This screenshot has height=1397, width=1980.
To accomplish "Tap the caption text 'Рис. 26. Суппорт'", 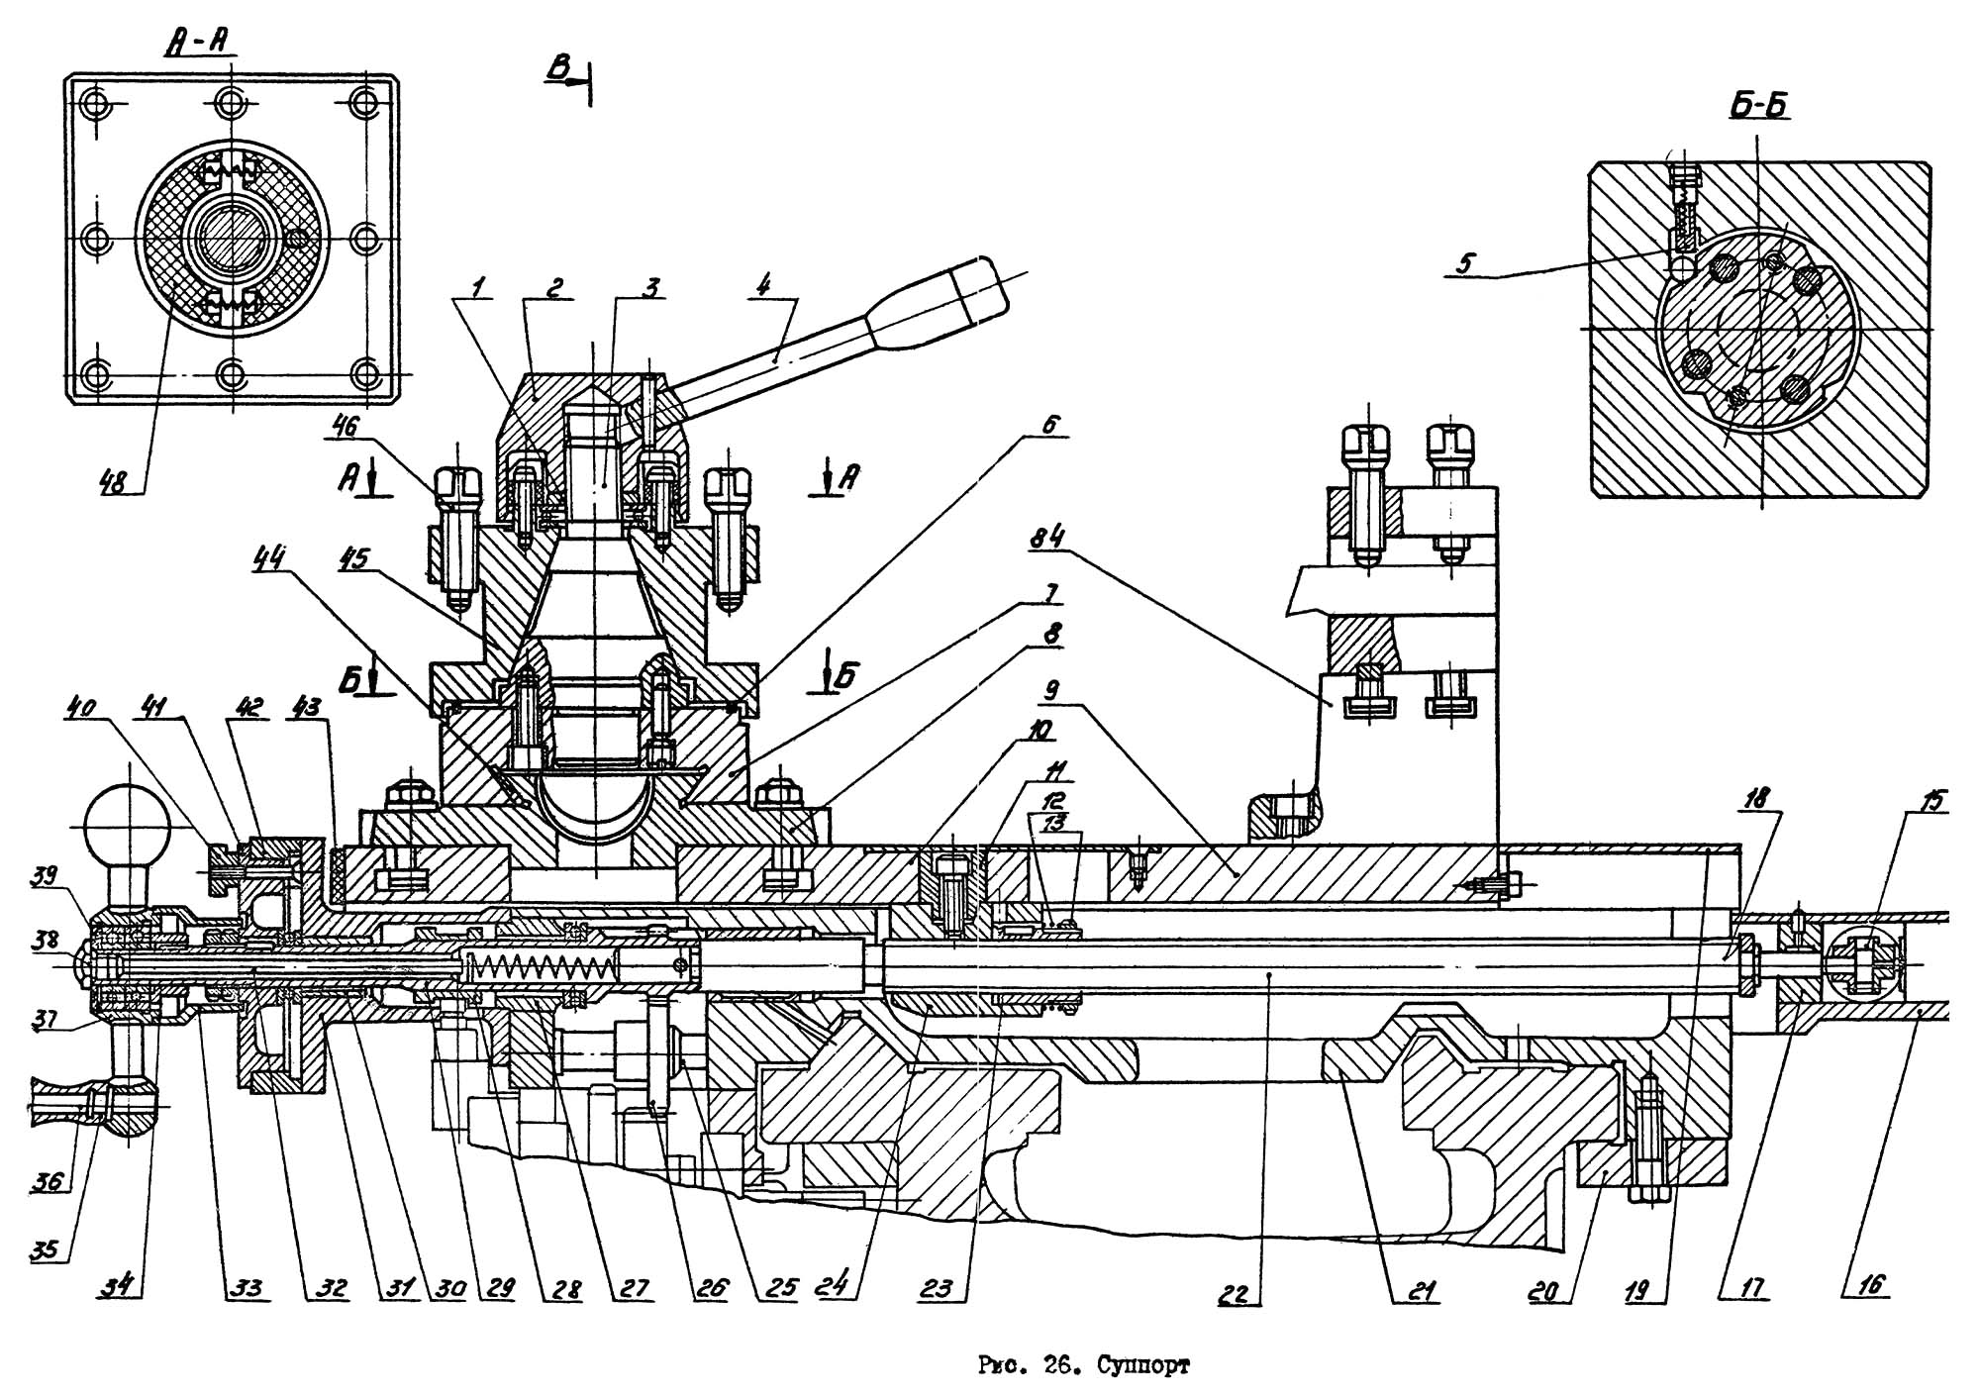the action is (x=1084, y=1367).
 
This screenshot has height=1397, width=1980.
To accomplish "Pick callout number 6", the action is (x=1050, y=424).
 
